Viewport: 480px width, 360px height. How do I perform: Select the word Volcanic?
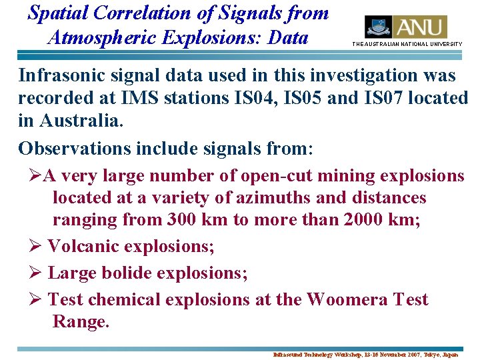point(86,247)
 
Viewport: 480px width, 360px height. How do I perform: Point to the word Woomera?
point(345,300)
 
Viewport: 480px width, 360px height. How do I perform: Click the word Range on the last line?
point(79,322)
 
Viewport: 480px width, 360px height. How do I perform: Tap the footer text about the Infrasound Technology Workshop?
point(365,355)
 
